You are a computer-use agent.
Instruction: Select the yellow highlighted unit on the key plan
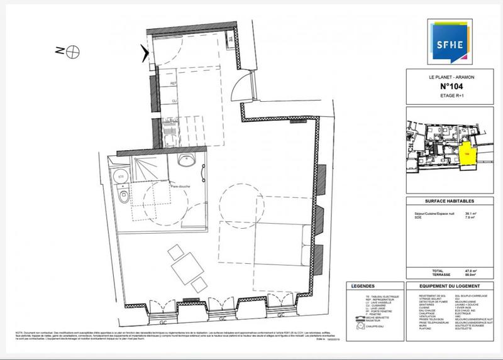467,154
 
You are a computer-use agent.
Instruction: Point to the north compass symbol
74,50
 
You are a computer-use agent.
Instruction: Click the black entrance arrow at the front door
147,55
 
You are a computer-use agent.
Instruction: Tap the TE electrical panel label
230,40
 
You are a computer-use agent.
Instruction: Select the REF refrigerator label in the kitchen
174,82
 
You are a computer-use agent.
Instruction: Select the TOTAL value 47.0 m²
468,270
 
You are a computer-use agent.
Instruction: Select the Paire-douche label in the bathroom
180,187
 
